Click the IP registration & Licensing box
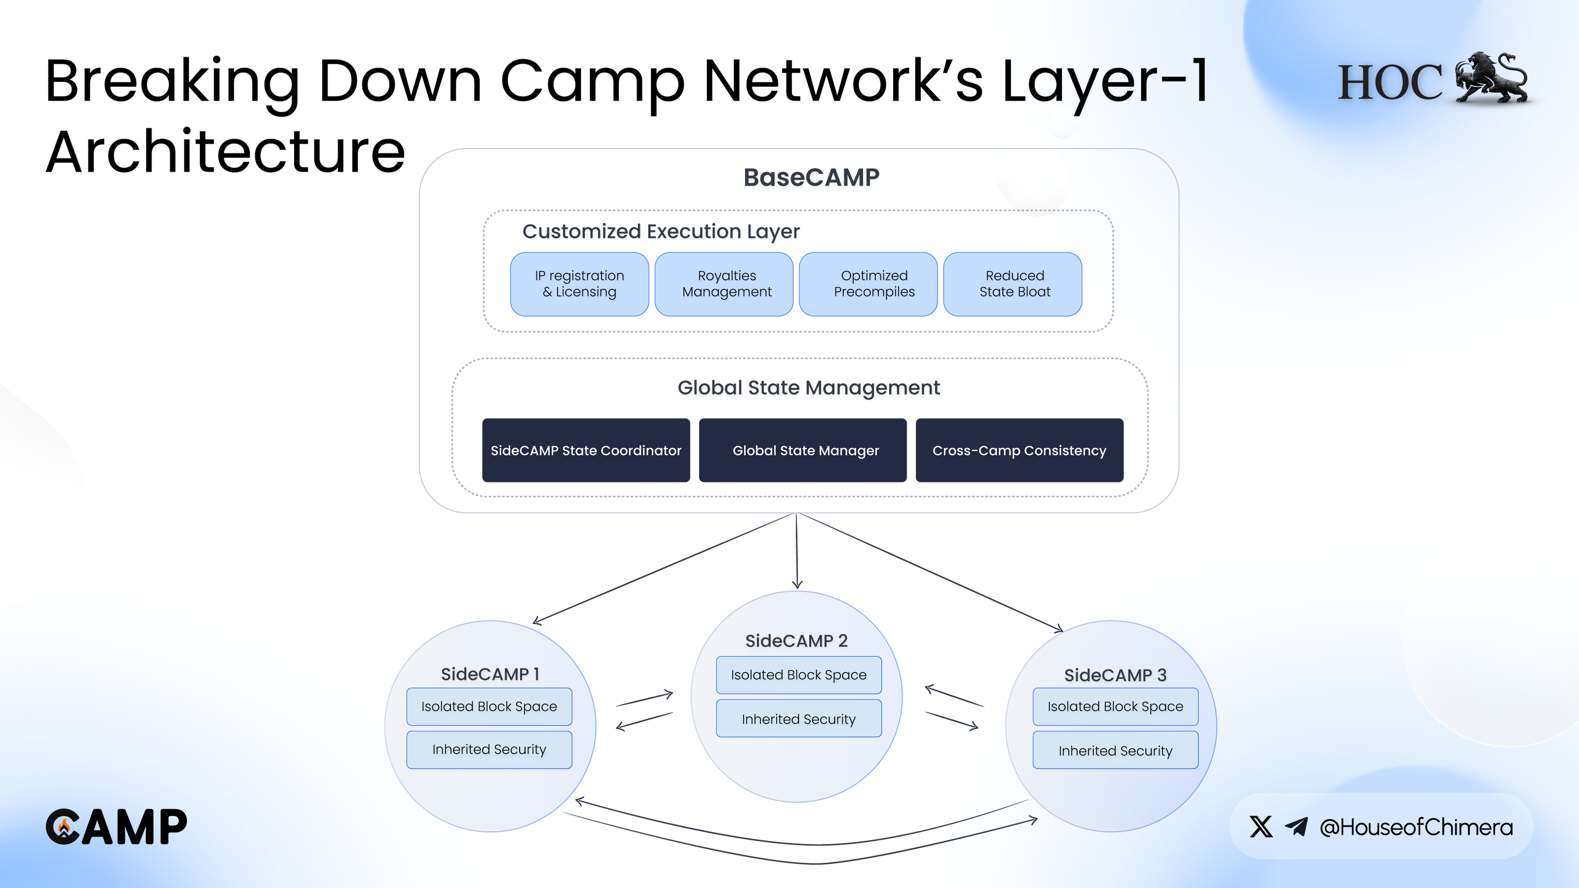click(579, 284)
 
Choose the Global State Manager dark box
click(802, 450)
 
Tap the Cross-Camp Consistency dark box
click(1019, 450)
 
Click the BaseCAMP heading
click(811, 178)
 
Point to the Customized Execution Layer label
click(661, 232)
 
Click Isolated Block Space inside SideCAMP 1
click(489, 706)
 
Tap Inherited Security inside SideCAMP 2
click(799, 719)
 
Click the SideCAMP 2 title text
click(796, 641)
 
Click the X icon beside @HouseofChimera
click(1261, 827)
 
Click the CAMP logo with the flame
click(116, 827)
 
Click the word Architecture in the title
click(226, 152)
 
